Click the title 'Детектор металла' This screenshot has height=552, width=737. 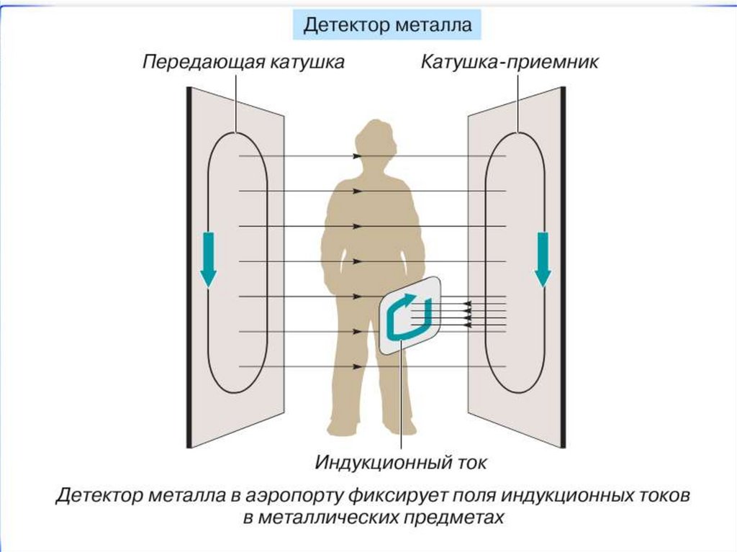[x=386, y=26]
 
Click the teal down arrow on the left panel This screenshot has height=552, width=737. [x=208, y=258]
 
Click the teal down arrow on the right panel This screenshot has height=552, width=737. [x=542, y=258]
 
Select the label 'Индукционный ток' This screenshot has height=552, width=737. [x=400, y=462]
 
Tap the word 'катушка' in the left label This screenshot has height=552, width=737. [x=307, y=63]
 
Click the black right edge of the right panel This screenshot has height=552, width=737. [x=562, y=266]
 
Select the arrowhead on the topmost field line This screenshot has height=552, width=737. [x=358, y=156]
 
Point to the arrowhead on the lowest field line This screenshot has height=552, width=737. [x=358, y=367]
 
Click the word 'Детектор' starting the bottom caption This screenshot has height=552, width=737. [x=99, y=496]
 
